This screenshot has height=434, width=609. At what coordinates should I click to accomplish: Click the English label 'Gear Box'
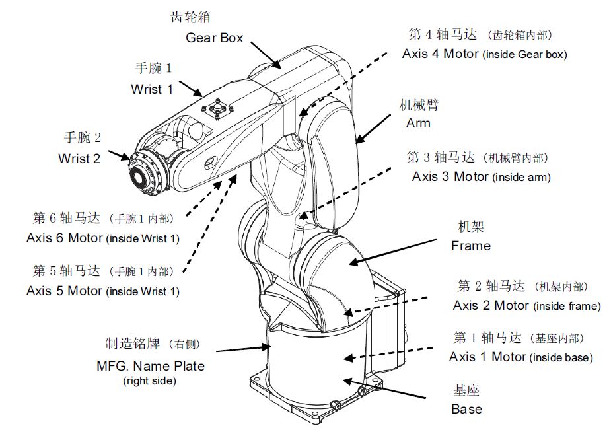pyautogui.click(x=214, y=38)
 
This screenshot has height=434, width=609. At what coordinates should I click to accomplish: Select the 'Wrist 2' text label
pyautogui.click(x=80, y=159)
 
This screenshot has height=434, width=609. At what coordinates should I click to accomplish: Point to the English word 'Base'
pyautogui.click(x=466, y=409)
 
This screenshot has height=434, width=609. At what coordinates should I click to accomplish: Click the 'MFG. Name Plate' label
pyautogui.click(x=151, y=366)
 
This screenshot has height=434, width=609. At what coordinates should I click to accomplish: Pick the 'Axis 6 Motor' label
pyautogui.click(x=65, y=238)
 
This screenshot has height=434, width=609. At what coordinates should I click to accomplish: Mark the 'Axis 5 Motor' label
pyautogui.click(x=65, y=291)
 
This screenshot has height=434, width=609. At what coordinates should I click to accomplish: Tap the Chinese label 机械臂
pyautogui.click(x=419, y=105)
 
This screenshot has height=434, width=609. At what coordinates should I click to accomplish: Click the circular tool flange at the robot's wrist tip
pyautogui.click(x=143, y=173)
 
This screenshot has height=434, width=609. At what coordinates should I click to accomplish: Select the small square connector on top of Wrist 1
pyautogui.click(x=217, y=108)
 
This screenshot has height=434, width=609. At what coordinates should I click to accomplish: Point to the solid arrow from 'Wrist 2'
pyautogui.click(x=120, y=156)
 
